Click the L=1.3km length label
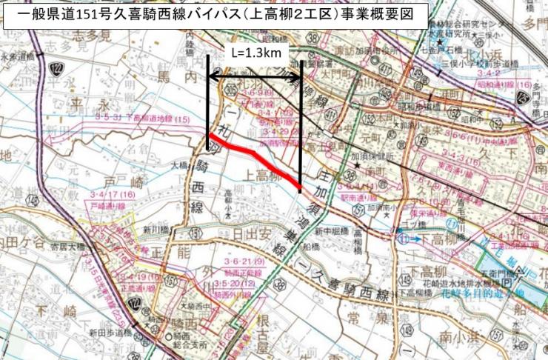pos(255,53)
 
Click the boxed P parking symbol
pos(507,283)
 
